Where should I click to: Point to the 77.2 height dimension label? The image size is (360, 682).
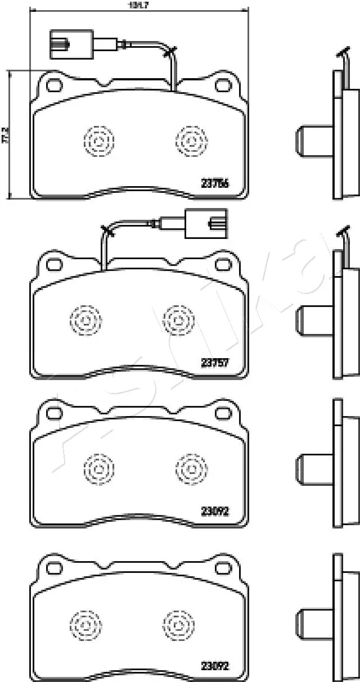pyautogui.click(x=6, y=136)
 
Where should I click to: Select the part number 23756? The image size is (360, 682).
pyautogui.click(x=215, y=183)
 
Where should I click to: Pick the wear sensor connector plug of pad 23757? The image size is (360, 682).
pyautogui.click(x=206, y=223)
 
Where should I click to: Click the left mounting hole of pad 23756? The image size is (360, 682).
pyautogui.click(x=54, y=85)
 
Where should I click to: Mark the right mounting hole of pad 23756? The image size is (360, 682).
pyautogui.click(x=223, y=85)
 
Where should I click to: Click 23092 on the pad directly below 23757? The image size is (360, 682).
pyautogui.click(x=215, y=511)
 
